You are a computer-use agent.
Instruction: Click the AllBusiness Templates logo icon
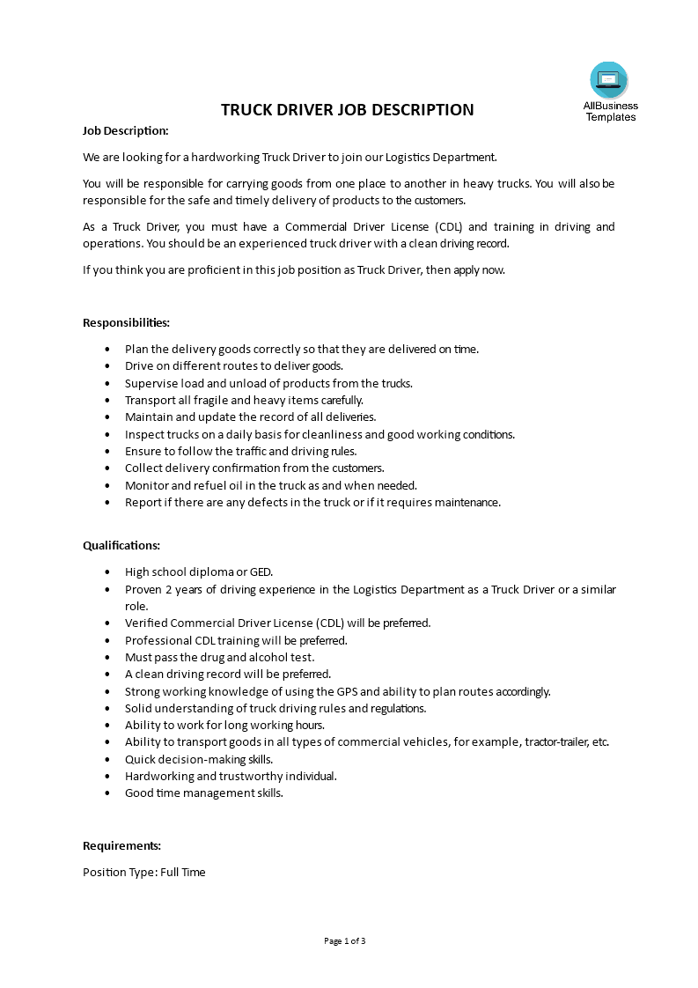[609, 80]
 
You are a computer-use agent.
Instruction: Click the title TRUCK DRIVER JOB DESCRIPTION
[347, 110]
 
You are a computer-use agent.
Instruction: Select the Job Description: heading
[125, 130]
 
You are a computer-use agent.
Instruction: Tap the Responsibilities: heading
[127, 323]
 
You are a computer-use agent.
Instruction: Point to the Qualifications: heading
[121, 546]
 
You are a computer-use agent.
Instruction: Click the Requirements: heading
[121, 846]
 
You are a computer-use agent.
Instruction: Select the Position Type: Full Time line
[144, 873]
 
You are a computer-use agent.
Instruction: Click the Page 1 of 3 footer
[345, 941]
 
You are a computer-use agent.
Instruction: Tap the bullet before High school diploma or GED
[107, 572]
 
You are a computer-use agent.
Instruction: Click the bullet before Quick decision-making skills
[107, 760]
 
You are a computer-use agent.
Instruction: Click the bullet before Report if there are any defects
[107, 503]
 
